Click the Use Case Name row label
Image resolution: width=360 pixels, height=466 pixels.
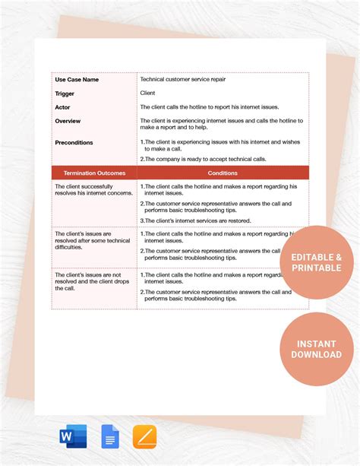[x=77, y=79]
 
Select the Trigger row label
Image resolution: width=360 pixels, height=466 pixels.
[x=65, y=94]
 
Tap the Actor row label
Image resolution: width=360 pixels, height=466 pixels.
[x=62, y=107]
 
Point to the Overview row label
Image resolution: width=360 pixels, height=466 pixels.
[x=68, y=121]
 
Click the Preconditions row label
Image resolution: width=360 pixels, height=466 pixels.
[x=74, y=142]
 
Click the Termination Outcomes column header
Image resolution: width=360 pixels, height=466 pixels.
[x=94, y=173]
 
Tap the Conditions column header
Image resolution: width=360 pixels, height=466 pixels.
[x=223, y=173]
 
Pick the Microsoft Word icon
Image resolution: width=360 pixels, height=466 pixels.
[x=73, y=436]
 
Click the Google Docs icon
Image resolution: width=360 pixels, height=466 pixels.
[x=109, y=436]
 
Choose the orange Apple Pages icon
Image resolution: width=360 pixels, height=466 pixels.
[x=144, y=436]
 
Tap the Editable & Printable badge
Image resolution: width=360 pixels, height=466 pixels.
[x=317, y=262]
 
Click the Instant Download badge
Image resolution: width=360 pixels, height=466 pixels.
[x=317, y=349]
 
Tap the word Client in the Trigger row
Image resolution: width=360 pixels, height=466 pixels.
[x=148, y=94]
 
